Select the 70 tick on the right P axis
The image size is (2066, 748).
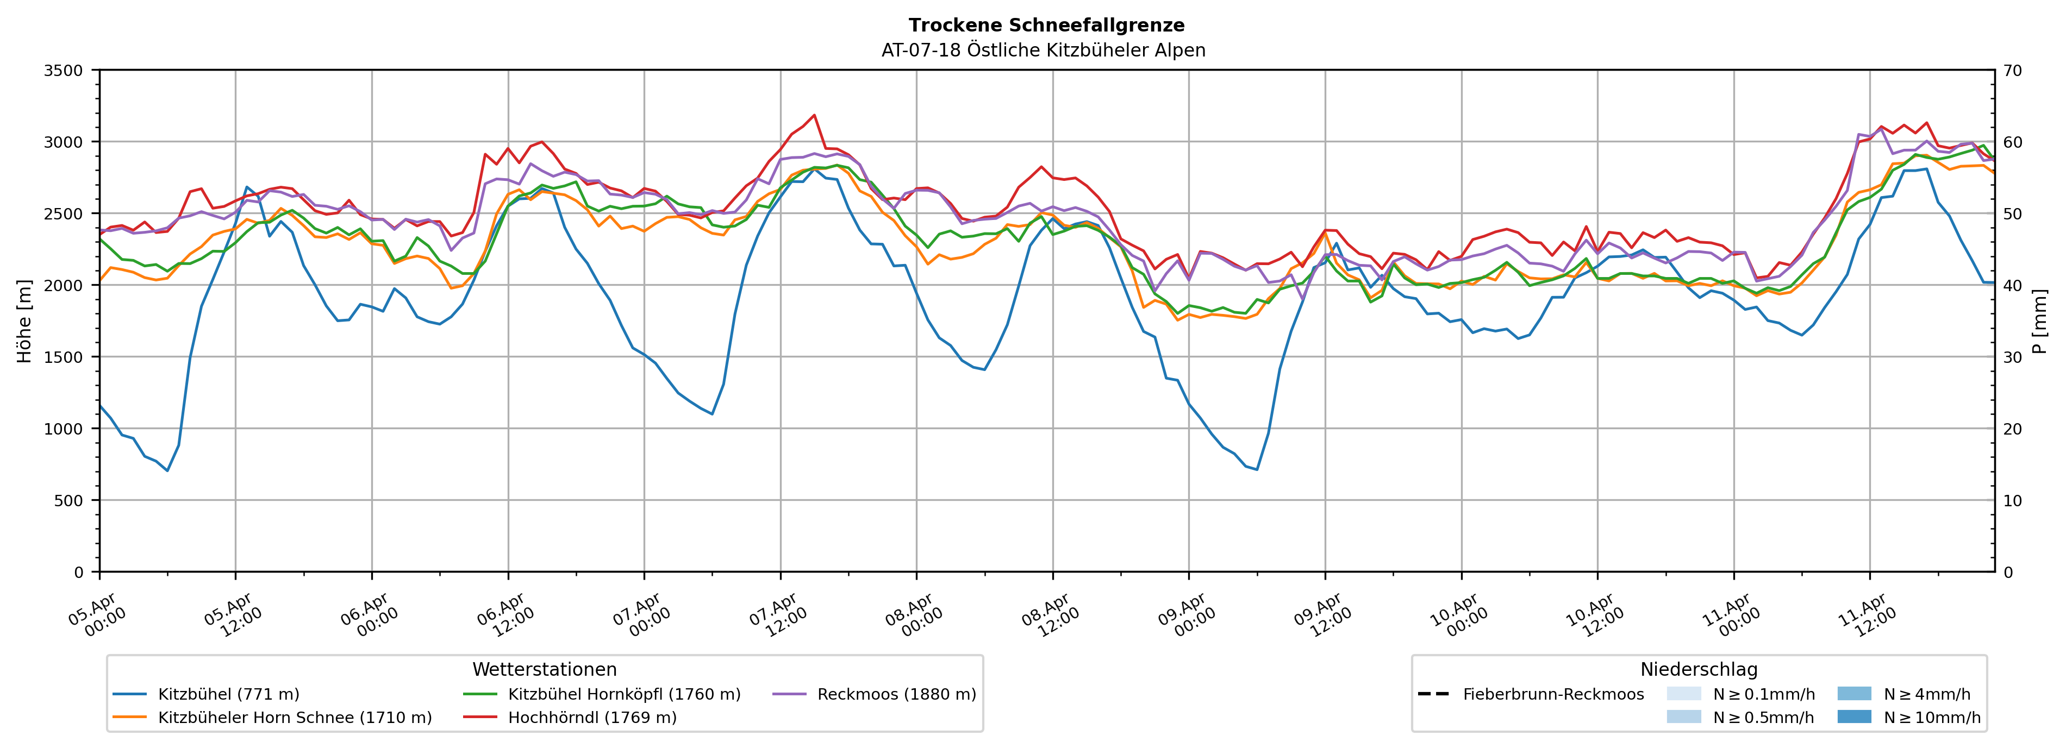click(2012, 71)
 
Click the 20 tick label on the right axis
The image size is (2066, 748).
click(2012, 429)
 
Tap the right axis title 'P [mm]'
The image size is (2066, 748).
click(2039, 320)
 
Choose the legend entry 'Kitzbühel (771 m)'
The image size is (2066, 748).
click(229, 694)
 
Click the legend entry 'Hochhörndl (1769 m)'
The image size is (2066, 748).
click(592, 718)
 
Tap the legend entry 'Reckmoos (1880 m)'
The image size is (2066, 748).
click(896, 694)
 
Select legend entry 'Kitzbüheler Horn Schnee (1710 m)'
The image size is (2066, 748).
click(295, 718)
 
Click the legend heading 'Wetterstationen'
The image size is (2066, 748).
click(545, 669)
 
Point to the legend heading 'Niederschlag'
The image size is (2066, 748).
click(1699, 669)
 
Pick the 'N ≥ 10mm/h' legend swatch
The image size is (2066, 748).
click(1853, 716)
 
